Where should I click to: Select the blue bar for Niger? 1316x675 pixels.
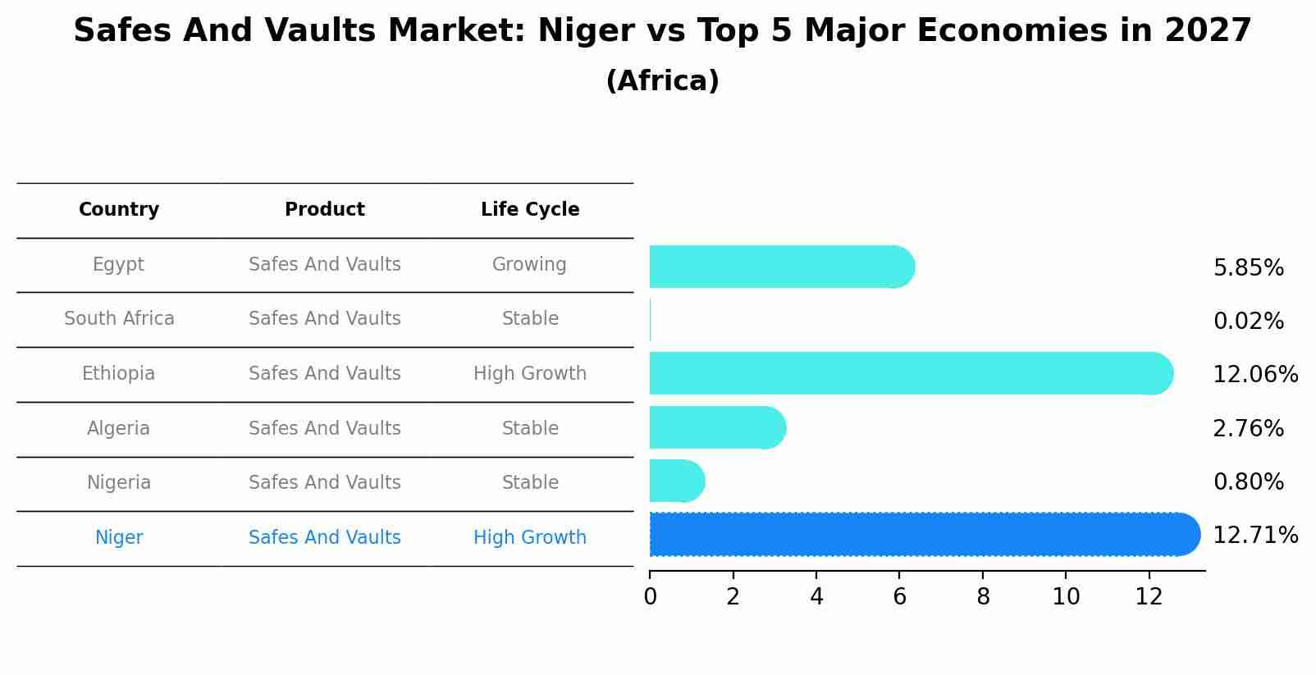pyautogui.click(x=924, y=534)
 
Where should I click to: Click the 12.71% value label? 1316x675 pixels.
pyautogui.click(x=1254, y=536)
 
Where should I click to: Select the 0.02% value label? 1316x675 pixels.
pyautogui.click(x=1248, y=322)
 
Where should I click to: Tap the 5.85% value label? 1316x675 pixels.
pyautogui.click(x=1248, y=268)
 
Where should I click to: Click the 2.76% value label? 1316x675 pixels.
pyautogui.click(x=1248, y=428)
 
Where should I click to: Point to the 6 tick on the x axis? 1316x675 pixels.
pyautogui.click(x=899, y=596)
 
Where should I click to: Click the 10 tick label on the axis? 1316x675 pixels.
pyautogui.click(x=1066, y=596)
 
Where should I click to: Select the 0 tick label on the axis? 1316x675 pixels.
pyautogui.click(x=650, y=596)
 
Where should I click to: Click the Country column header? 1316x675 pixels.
pyautogui.click(x=119, y=210)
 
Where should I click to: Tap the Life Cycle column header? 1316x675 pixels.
pyautogui.click(x=530, y=210)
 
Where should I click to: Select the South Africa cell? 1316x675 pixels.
pyautogui.click(x=119, y=318)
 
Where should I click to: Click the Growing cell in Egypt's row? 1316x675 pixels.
pyautogui.click(x=529, y=264)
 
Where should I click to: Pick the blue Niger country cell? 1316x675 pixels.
pyautogui.click(x=119, y=537)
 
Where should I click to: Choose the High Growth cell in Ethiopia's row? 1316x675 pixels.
pyautogui.click(x=529, y=373)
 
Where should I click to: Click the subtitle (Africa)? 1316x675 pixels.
pyautogui.click(x=662, y=81)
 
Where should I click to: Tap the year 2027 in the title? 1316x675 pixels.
pyautogui.click(x=1207, y=31)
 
